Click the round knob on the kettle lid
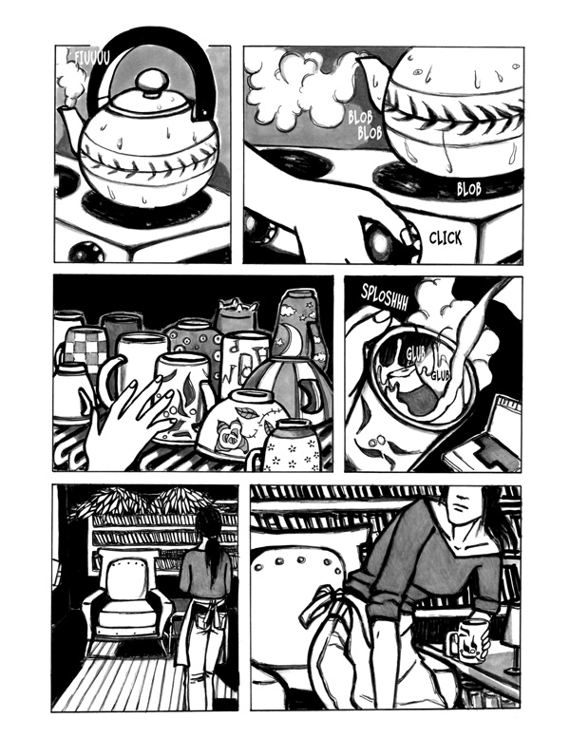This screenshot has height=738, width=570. (x=151, y=83)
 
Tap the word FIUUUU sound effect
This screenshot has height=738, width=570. (x=92, y=57)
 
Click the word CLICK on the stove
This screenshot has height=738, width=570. (x=446, y=238)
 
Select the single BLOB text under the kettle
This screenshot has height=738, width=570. (x=469, y=189)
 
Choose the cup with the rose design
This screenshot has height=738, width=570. (x=237, y=424)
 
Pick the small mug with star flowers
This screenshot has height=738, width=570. (x=290, y=446)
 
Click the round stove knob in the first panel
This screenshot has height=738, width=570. (x=85, y=252)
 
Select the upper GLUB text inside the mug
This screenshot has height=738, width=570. (x=415, y=354)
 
